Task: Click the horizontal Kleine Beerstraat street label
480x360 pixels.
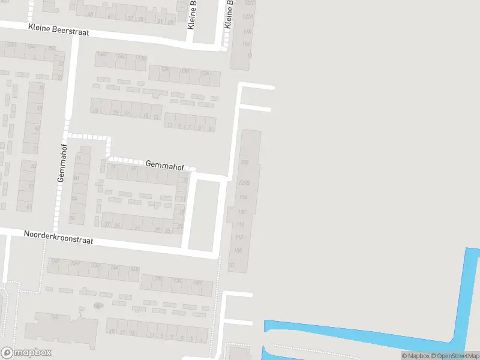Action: [x=58, y=29]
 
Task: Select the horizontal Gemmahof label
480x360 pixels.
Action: [x=164, y=164]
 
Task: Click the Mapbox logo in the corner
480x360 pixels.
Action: [x=26, y=353]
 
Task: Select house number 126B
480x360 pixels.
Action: [x=243, y=183]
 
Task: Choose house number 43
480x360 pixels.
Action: [x=39, y=108]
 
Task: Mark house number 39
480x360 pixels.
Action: [x=41, y=88]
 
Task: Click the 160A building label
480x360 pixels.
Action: [x=99, y=305]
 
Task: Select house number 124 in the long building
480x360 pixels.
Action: [x=243, y=197]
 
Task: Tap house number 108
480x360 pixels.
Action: [x=238, y=250]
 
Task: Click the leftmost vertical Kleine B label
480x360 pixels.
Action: [x=192, y=15]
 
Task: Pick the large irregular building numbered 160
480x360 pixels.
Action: [x=60, y=327]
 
